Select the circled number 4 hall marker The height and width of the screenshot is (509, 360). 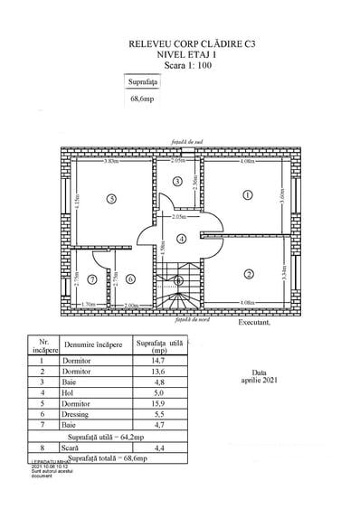(181, 239)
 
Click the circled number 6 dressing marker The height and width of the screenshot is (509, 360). (130, 278)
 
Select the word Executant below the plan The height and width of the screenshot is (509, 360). (254, 323)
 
